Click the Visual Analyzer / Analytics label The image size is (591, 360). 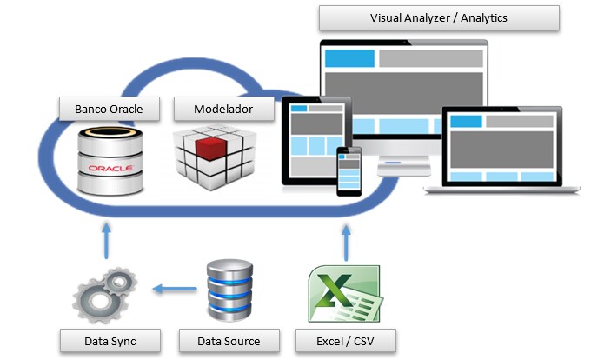(438, 18)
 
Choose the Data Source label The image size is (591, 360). (230, 340)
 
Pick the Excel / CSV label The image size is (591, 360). (345, 340)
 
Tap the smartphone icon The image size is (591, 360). (349, 171)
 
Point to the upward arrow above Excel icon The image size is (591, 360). (346, 239)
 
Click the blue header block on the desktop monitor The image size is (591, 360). (349, 59)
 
